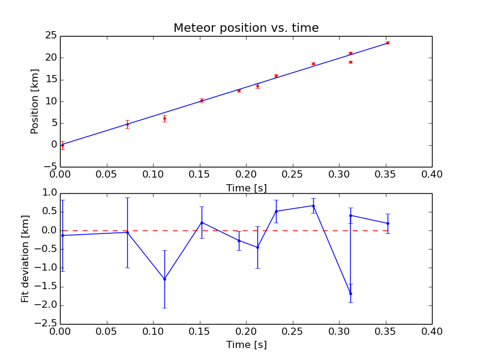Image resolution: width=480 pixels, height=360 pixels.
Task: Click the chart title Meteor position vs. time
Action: click(246, 28)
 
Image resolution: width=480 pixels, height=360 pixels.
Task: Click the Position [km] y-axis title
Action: click(35, 101)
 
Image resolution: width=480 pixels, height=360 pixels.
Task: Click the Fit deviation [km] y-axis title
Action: click(25, 259)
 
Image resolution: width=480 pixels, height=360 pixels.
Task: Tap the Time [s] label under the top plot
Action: click(246, 188)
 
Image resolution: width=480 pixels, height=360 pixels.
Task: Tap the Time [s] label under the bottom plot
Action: click(246, 345)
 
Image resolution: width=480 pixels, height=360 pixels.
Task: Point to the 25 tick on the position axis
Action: click(50, 36)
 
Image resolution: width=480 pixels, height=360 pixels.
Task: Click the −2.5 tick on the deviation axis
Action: click(45, 324)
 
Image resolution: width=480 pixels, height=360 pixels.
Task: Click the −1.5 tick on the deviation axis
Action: click(45, 287)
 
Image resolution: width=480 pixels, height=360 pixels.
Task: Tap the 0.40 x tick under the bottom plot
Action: click(431, 331)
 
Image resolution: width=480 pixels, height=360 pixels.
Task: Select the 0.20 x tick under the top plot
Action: click(246, 174)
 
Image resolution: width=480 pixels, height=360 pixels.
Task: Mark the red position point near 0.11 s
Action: click(164, 118)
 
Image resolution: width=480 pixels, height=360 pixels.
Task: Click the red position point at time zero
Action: click(62, 145)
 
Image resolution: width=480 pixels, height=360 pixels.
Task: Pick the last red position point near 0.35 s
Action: click(388, 43)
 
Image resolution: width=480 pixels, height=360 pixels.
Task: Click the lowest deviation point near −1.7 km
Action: click(350, 293)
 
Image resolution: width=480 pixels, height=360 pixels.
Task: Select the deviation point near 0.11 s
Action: click(164, 279)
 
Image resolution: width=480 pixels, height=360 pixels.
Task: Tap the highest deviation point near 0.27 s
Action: click(313, 206)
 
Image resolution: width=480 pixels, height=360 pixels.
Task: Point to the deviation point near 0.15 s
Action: click(202, 223)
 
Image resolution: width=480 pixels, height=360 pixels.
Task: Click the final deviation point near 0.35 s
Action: click(388, 223)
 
